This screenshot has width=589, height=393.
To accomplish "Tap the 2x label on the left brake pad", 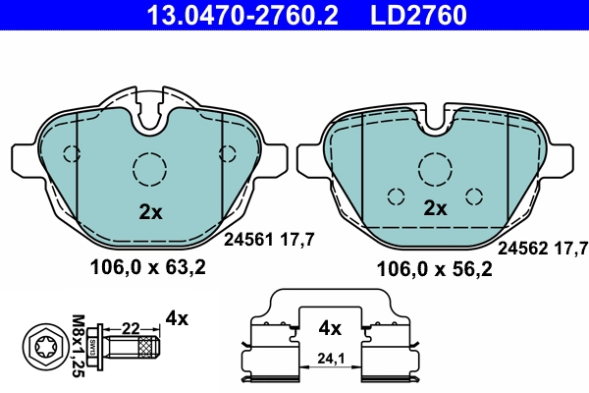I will coord(149,210).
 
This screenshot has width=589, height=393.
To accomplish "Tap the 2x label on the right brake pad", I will coord(435,208).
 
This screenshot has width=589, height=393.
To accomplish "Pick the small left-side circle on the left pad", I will coord(71,152).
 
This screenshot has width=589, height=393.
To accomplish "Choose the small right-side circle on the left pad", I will coord(229,152).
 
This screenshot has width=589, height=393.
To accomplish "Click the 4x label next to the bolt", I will coord(177,317).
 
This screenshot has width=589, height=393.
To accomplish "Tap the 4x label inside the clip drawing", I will coord(330,327).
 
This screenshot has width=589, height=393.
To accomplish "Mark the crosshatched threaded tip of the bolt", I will coord(148,347).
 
